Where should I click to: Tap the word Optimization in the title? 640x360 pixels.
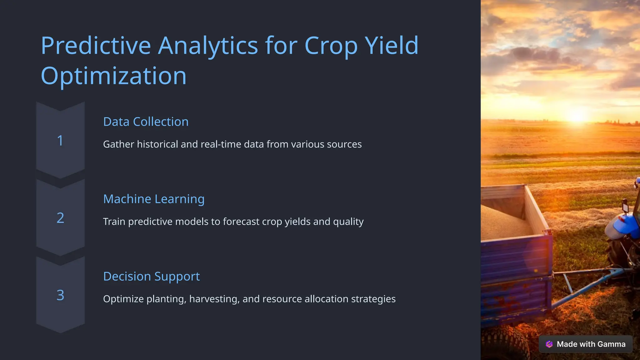pos(113,76)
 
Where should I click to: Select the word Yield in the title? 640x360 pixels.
pos(392,46)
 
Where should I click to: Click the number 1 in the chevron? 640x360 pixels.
pos(60,141)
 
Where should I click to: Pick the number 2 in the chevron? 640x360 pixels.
pos(60,218)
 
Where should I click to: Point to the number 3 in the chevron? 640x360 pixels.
pos(60,295)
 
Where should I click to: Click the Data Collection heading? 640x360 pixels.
pos(146,122)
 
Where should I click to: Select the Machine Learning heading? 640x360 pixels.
pos(154,199)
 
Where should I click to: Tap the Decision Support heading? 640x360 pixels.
pos(151,276)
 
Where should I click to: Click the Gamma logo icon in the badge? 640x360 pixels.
pos(549,344)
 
